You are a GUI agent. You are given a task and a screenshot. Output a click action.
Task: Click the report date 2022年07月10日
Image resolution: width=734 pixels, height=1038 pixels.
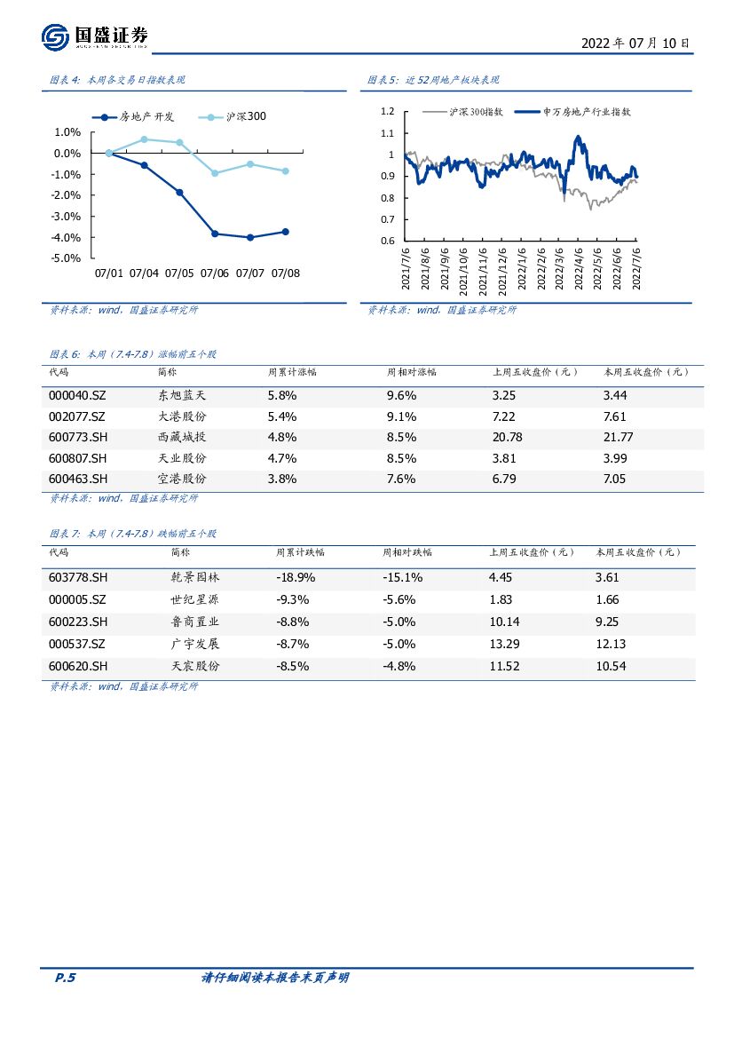(635, 43)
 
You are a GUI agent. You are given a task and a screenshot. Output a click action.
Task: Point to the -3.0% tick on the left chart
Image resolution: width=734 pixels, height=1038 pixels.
(67, 217)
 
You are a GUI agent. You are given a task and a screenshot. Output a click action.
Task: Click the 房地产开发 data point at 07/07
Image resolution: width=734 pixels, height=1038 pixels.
(250, 237)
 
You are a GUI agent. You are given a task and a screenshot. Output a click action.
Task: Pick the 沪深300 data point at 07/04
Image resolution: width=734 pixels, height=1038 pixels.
(145, 139)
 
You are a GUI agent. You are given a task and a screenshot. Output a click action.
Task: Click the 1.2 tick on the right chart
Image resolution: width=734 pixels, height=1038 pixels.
(386, 112)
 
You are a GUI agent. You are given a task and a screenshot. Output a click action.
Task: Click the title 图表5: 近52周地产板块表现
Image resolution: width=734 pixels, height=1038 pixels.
(434, 80)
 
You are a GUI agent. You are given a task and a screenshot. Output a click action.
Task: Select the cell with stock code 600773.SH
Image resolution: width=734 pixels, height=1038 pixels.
(77, 437)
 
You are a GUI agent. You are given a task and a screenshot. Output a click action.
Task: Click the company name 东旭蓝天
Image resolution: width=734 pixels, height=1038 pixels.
(181, 395)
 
